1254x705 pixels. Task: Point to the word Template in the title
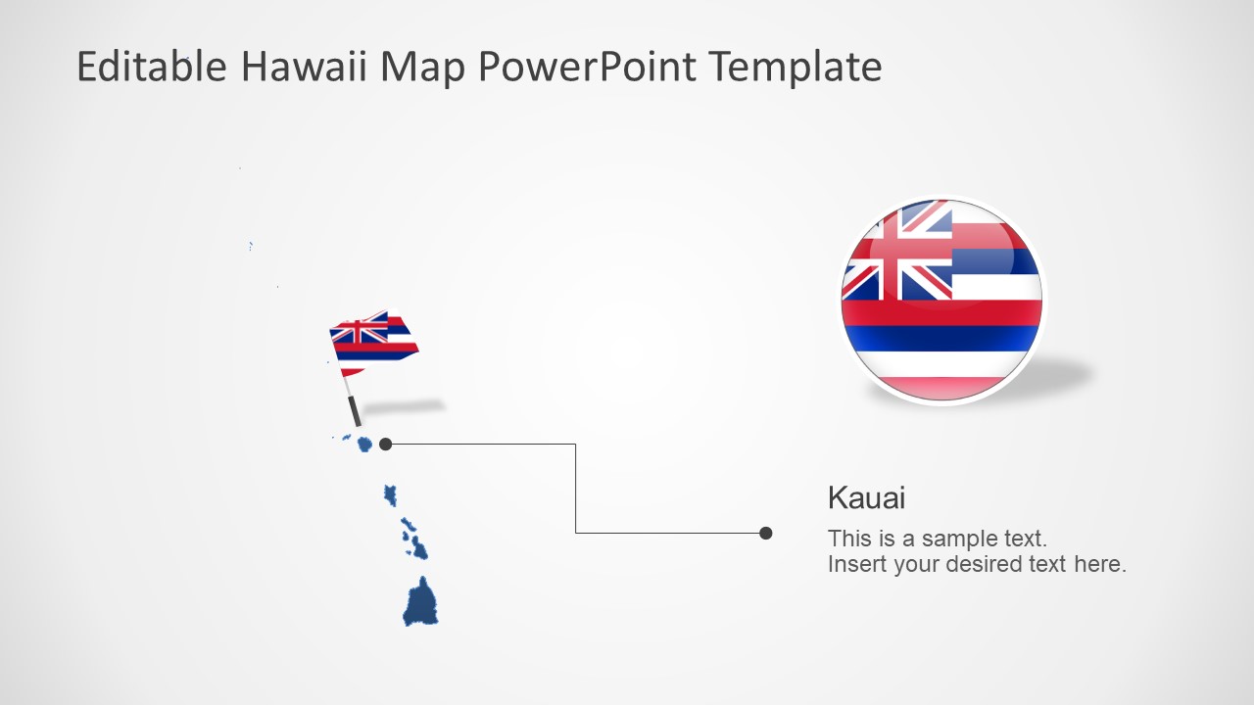tap(795, 67)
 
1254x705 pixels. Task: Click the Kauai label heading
tap(866, 497)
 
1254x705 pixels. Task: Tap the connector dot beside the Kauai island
tap(386, 445)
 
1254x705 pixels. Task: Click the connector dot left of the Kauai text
tap(766, 533)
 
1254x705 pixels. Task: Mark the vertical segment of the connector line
tap(576, 490)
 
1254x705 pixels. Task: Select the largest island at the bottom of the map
tap(420, 602)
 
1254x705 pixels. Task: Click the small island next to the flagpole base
tap(364, 445)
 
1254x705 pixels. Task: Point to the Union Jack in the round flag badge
tap(897, 253)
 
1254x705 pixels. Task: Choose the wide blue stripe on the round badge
tap(940, 338)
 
